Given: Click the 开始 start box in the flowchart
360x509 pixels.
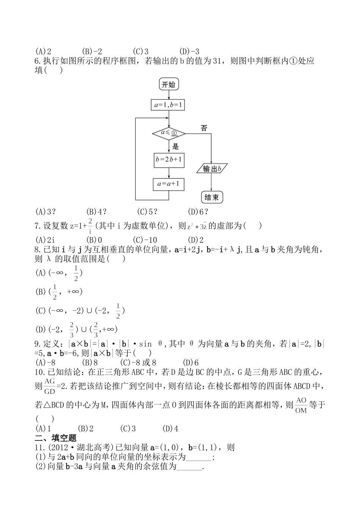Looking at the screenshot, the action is click(x=169, y=84).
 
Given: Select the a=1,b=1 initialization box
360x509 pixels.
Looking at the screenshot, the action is click(x=169, y=105).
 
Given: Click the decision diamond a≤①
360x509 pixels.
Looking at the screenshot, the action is click(x=169, y=133).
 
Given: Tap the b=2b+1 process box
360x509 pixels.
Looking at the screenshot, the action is click(x=169, y=160).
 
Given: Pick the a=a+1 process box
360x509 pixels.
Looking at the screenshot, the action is click(x=169, y=184).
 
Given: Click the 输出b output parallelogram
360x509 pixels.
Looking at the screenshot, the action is click(x=211, y=169).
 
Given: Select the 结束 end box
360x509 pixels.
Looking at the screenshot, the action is click(x=211, y=197).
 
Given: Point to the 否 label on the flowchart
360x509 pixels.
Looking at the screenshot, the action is click(x=204, y=128).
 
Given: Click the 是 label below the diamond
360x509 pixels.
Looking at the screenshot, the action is click(x=175, y=147).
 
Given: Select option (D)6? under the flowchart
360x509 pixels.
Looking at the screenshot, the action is click(x=198, y=212).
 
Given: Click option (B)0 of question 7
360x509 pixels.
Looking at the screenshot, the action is click(x=94, y=240).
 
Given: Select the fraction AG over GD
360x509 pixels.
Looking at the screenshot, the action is click(x=50, y=386).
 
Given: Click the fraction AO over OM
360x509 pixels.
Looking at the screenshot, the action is click(x=301, y=405).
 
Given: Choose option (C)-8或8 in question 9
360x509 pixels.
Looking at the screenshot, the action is click(x=138, y=362).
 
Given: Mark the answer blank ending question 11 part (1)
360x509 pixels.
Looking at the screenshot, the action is click(x=199, y=457).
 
